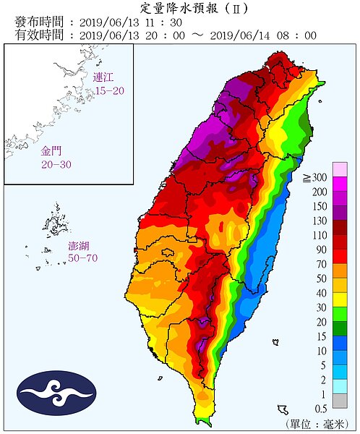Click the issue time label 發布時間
[x=34, y=22]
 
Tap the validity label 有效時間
[x=34, y=34]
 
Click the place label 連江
[x=104, y=77]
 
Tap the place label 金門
[x=51, y=153]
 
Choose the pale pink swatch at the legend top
[x=340, y=170]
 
